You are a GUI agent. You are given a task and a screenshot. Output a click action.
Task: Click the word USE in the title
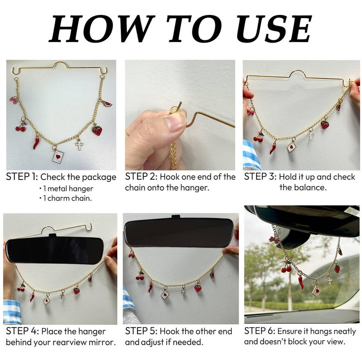click(x=274, y=29)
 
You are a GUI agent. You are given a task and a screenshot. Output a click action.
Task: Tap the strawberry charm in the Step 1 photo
click(x=97, y=130)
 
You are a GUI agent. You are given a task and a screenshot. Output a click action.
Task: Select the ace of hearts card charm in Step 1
click(x=58, y=157)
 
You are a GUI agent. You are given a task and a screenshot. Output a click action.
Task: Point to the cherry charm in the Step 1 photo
click(x=21, y=128)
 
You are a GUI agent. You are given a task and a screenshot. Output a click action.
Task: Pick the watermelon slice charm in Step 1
click(x=107, y=104)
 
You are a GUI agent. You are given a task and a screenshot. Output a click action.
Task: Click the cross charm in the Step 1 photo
click(x=79, y=145)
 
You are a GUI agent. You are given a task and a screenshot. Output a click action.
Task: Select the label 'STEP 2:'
click(x=141, y=177)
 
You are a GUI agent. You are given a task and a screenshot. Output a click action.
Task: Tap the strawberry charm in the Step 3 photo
click(x=325, y=125)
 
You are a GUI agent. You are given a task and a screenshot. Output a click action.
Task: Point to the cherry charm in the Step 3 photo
click(x=258, y=138)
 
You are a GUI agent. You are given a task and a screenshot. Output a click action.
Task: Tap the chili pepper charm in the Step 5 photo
click(x=150, y=288)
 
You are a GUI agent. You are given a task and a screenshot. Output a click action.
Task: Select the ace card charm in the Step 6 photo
click(x=316, y=291)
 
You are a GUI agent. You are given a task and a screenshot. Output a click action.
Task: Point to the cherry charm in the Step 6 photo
click(x=286, y=268)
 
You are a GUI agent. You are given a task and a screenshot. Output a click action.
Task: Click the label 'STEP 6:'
click(x=260, y=331)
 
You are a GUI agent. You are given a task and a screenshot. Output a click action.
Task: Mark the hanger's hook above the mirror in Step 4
click(x=89, y=227)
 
